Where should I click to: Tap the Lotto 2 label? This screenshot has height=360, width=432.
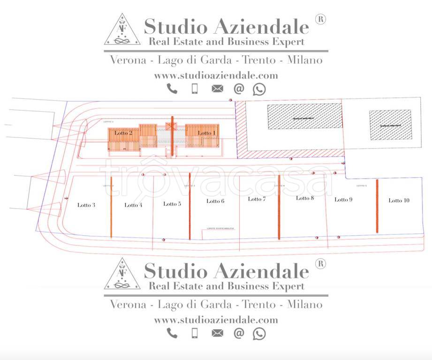click(123, 133)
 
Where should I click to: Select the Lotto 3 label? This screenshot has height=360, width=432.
click(87, 205)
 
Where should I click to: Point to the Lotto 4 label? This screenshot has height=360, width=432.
click(133, 205)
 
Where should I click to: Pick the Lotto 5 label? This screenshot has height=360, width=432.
click(172, 204)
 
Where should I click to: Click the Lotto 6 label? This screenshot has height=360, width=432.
click(215, 201)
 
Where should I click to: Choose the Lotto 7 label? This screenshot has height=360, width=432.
click(257, 199)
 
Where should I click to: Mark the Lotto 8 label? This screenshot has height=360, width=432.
click(305, 198)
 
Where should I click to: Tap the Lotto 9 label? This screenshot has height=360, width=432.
click(343, 200)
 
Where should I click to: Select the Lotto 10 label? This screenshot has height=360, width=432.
click(399, 201)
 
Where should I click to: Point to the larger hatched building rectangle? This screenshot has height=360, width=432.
click(304, 116)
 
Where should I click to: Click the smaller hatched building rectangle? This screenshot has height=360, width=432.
click(390, 125)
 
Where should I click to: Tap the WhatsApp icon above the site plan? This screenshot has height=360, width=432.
click(259, 89)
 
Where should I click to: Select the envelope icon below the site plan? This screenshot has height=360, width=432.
click(217, 333)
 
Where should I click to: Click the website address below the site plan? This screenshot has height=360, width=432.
click(216, 320)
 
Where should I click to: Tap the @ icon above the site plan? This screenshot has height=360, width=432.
click(239, 89)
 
